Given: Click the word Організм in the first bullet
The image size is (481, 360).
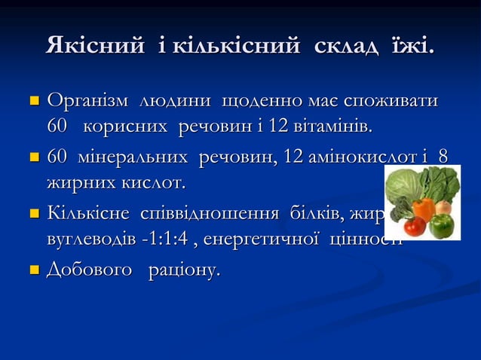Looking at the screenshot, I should pos(87,101).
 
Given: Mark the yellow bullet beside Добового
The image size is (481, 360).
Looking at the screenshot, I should pos(33,270).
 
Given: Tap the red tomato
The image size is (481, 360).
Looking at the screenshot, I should pos(414,225).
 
